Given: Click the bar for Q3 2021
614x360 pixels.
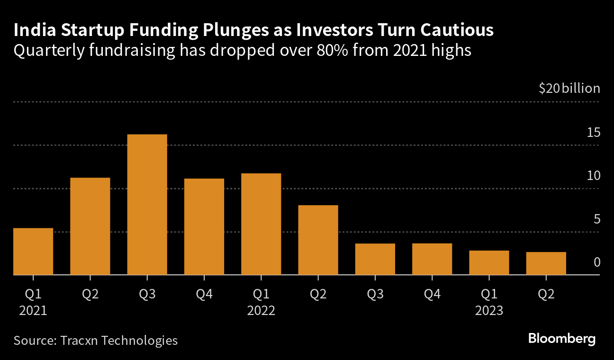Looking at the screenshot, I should point(147,205).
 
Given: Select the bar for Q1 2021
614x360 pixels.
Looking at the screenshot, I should point(33,252).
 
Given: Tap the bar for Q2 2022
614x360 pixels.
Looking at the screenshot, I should point(318,240).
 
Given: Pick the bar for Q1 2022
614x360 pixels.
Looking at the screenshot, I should point(261,224).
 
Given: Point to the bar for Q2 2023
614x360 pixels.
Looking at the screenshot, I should point(546,263).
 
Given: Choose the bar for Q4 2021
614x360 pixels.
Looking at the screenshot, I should point(204,226).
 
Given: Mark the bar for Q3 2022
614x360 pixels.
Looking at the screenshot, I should point(375,259).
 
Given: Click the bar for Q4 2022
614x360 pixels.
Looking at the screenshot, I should point(432,259).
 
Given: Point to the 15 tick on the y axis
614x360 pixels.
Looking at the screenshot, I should point(593,132).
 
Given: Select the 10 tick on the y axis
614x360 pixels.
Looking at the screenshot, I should point(593,176).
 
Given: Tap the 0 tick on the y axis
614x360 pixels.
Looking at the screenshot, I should point(597,262).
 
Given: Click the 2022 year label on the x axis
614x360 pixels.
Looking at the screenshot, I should point(261,311).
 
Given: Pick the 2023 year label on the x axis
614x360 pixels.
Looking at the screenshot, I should point(489,311).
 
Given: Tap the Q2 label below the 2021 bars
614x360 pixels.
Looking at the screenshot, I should point(90,295).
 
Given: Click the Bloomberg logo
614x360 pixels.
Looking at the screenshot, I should point(561,339).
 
